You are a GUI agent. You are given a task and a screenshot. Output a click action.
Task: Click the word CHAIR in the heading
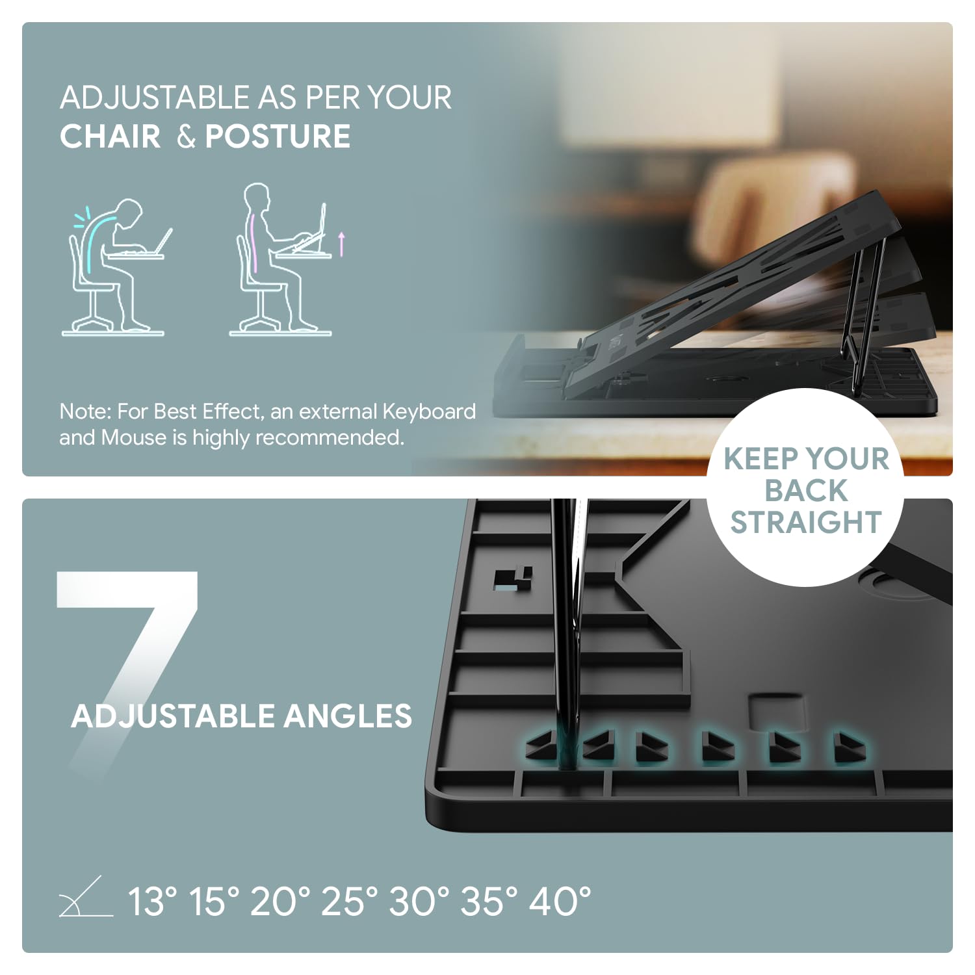(110, 136)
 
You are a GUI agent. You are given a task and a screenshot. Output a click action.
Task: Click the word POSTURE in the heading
(278, 136)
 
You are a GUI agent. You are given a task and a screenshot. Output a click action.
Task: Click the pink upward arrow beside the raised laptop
(341, 243)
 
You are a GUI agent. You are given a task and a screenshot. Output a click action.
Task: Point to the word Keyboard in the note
(429, 411)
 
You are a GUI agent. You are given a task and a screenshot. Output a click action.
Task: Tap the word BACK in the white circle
(806, 491)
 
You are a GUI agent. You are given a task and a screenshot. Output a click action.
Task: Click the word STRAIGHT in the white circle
(806, 523)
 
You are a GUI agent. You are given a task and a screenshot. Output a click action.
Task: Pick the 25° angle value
(350, 902)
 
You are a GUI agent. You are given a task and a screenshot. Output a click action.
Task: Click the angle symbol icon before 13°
(86, 896)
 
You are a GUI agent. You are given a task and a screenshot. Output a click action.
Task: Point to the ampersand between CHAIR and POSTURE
(186, 136)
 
